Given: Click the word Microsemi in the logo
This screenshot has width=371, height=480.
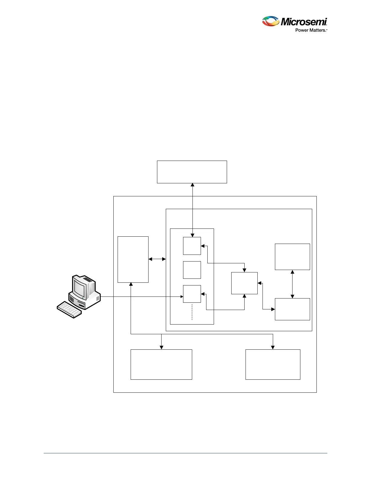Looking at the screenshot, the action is [304, 22].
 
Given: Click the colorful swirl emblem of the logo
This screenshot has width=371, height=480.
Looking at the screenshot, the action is [270, 21].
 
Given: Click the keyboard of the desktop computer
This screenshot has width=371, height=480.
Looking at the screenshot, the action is [69, 309].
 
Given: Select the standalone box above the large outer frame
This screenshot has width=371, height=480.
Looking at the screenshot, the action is [192, 172].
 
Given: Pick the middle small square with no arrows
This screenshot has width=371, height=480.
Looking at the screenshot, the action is [192, 270].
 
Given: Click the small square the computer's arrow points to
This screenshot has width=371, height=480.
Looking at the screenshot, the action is [192, 294].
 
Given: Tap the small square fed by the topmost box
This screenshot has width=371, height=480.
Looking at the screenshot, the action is [192, 246].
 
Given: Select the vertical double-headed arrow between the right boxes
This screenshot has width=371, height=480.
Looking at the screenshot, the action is [292, 284].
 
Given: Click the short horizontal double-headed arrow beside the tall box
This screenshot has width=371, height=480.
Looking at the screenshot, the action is [157, 259].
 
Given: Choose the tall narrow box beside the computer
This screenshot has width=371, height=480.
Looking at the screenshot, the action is [133, 259].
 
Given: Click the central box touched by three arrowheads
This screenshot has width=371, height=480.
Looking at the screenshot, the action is [244, 283].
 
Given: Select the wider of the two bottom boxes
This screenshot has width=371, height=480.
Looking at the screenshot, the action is [161, 364].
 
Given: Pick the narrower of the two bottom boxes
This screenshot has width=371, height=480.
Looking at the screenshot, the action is [272, 364].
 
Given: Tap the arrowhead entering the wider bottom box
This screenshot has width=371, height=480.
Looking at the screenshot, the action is [161, 347].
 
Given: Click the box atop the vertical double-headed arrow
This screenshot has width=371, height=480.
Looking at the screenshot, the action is [292, 257].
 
